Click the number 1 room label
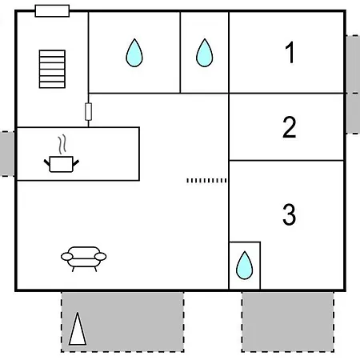point(290,52)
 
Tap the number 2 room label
point(290,127)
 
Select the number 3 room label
point(290,214)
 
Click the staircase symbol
point(52,69)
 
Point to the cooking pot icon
point(62,164)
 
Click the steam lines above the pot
point(62,145)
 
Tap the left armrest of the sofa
point(66,257)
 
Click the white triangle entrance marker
point(78,329)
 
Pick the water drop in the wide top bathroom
point(134,53)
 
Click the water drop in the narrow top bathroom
point(205,53)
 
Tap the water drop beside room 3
point(244,266)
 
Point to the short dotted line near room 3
point(206,181)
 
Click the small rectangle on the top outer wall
point(52,11)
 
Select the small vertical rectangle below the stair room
point(89,112)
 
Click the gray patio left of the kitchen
point(7,154)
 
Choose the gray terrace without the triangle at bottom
point(288,322)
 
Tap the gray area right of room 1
point(353,64)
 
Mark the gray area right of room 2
point(353,114)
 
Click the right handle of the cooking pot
point(76,163)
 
